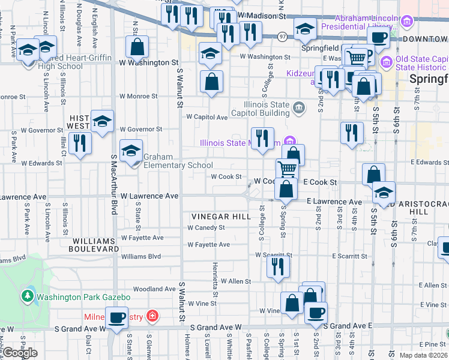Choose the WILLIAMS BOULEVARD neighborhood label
(x=95, y=244)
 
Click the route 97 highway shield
(x=282, y=37)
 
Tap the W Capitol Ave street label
(x=207, y=117)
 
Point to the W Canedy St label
(x=206, y=228)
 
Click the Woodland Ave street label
(x=153, y=289)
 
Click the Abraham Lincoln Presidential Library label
(x=358, y=22)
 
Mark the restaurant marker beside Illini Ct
(x=79, y=143)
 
